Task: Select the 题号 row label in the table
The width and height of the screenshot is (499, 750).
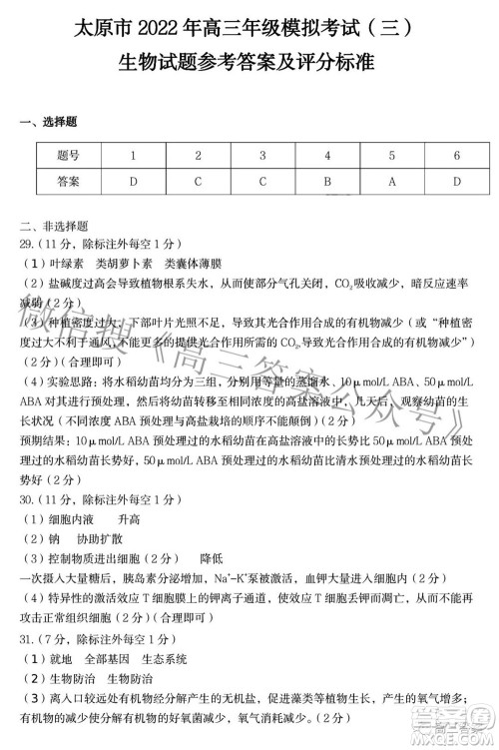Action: [x=68, y=156]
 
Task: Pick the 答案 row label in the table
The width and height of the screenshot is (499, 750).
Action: [x=68, y=182]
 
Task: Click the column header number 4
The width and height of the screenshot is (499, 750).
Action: [x=326, y=156]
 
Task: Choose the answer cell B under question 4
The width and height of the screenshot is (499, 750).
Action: [x=326, y=182]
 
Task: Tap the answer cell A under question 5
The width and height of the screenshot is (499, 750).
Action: [x=391, y=182]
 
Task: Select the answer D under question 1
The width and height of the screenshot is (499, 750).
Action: [x=133, y=182]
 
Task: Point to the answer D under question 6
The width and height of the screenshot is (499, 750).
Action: [x=456, y=182]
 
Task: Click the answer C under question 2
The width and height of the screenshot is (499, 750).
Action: [x=198, y=182]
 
